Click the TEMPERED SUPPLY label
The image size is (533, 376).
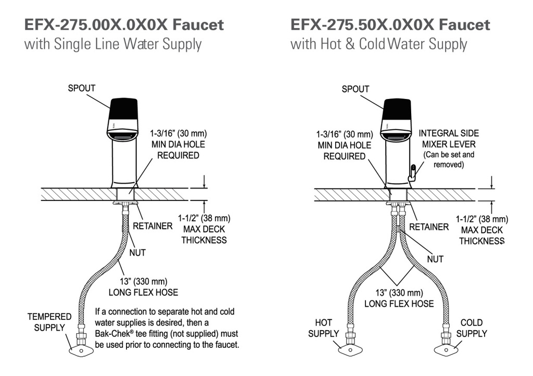[49, 322]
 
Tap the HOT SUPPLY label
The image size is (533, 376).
[324, 328]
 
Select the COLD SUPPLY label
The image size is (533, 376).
[472, 328]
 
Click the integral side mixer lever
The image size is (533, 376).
[412, 173]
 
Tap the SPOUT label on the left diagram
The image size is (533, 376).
[82, 88]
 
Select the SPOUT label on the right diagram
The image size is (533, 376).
[355, 89]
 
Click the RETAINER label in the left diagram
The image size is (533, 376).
[153, 226]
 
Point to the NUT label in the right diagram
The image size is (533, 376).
[435, 259]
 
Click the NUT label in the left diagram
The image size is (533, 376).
[137, 253]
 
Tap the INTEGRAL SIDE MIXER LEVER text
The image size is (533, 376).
[449, 139]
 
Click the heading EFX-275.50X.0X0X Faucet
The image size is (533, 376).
[390, 25]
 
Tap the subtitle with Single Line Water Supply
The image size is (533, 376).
[113, 44]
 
